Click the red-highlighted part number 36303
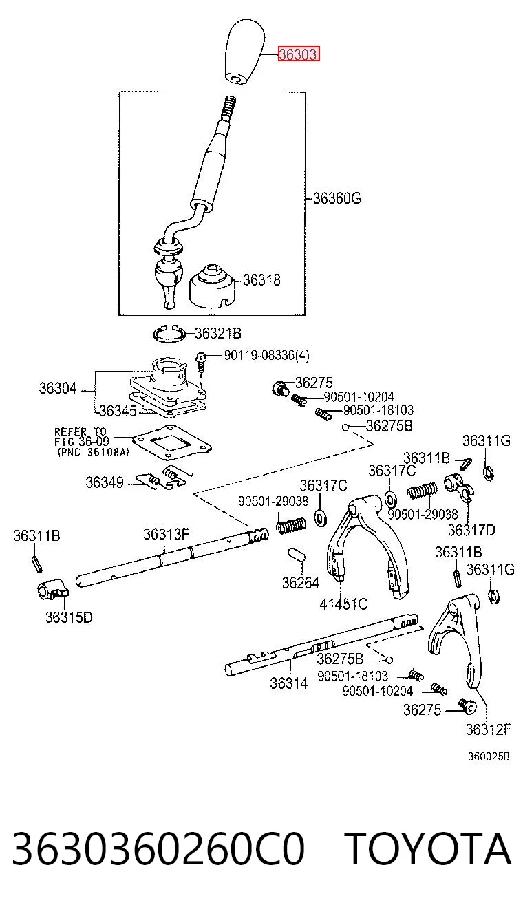coord(299,54)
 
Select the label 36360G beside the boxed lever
coord(337,198)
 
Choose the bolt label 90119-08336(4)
coord(266,355)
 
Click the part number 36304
coord(58,387)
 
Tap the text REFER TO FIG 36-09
coord(82,436)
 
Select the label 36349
coord(104,482)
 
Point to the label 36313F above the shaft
coord(166,534)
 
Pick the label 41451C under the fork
coord(343,604)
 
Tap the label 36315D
coord(69,617)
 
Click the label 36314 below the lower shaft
coord(288,683)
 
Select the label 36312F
coord(488,729)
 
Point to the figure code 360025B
coord(489,756)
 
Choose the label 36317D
coord(471,530)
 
